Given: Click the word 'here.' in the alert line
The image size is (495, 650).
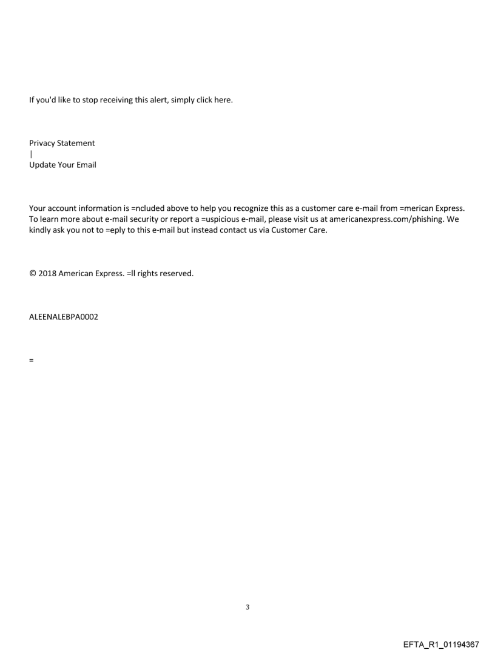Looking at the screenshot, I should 223,100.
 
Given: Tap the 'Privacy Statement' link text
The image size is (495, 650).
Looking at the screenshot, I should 62,144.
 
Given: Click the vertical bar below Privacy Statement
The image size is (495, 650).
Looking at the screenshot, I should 30,154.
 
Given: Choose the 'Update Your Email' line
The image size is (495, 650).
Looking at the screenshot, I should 62,165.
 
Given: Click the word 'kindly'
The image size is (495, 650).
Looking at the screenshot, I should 40,231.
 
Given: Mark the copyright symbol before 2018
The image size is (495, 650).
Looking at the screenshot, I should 32,274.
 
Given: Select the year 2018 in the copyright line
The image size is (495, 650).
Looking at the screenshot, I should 47,274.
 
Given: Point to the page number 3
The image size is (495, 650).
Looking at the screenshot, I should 247,607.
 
